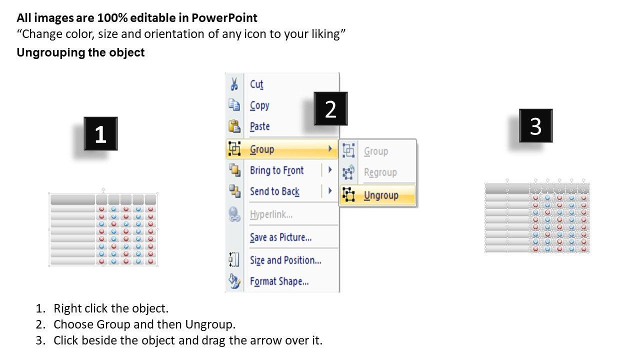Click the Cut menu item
click(256, 84)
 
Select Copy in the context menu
click(259, 105)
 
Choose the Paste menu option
click(259, 126)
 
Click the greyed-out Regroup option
click(380, 172)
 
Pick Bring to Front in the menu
click(276, 170)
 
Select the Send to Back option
click(274, 191)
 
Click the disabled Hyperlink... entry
click(271, 214)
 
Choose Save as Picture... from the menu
click(280, 237)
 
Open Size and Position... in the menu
click(285, 260)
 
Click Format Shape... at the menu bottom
click(279, 281)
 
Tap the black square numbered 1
click(100, 133)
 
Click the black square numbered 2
click(330, 108)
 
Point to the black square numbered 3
click(535, 125)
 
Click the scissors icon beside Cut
click(234, 84)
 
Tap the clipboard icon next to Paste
click(234, 126)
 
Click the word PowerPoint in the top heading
click(224, 18)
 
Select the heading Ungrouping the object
click(80, 52)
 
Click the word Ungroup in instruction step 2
click(210, 325)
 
